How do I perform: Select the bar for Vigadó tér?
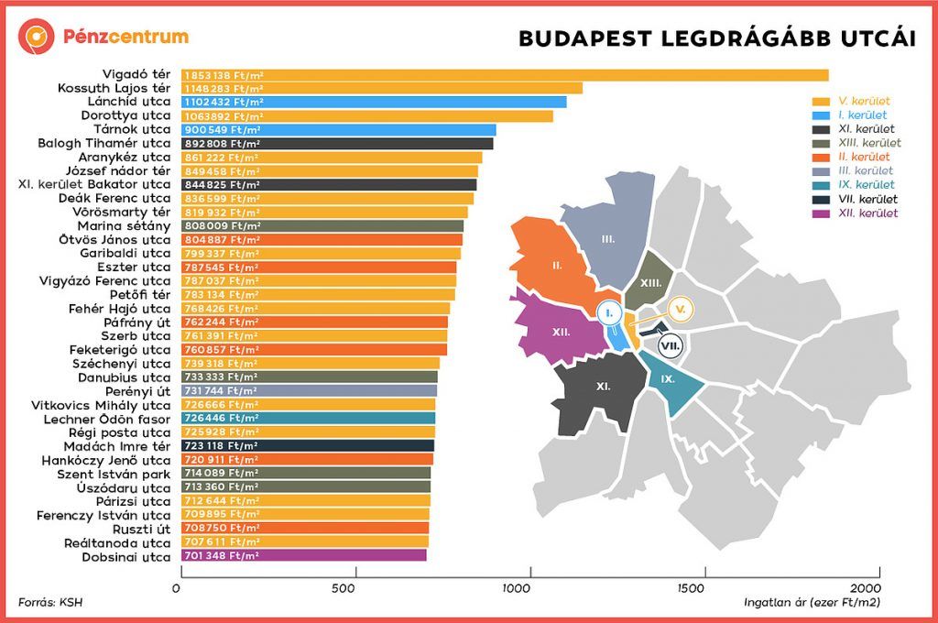coord(505,75)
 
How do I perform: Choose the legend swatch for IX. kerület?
coord(821,185)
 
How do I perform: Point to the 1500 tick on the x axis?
coord(699,587)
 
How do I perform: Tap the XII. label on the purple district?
coord(561,332)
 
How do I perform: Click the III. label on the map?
coord(608,238)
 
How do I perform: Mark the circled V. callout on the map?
coord(680,311)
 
